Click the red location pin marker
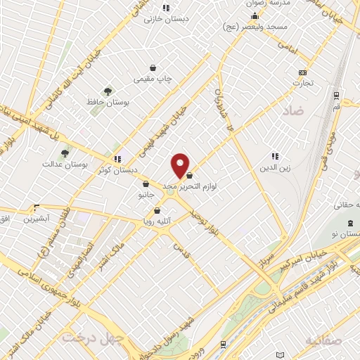pos(181,165)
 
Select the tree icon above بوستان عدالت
pos(65,152)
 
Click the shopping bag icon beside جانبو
pos(145,185)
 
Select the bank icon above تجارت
pos(303,72)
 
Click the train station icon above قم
pos(337,95)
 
